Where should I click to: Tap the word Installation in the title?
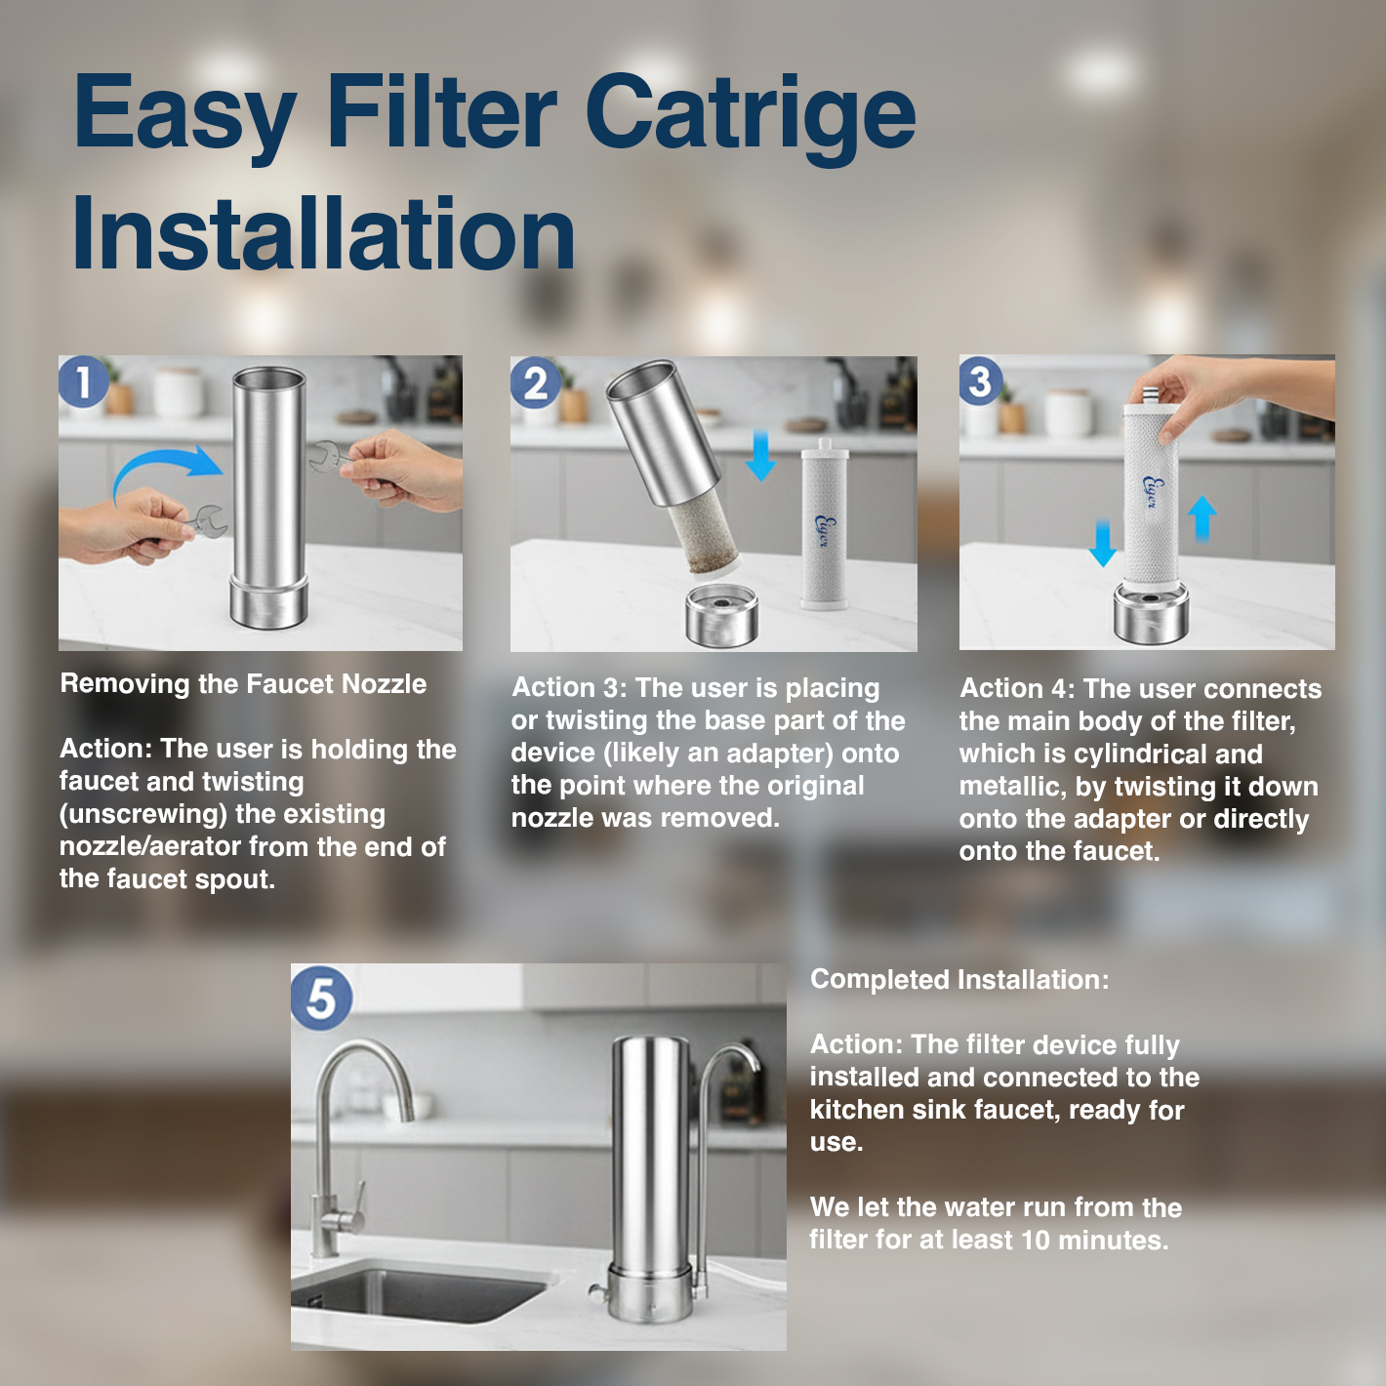(x=324, y=233)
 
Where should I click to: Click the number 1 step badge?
(x=84, y=382)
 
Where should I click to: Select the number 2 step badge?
(x=535, y=383)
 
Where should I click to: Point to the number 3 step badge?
(x=980, y=381)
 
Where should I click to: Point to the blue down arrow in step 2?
(x=760, y=456)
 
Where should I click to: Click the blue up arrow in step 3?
(x=1202, y=518)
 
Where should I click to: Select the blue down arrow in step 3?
(x=1102, y=544)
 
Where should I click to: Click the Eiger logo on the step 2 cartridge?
(x=823, y=531)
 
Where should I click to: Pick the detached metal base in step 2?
(x=721, y=615)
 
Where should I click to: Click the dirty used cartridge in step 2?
(x=703, y=537)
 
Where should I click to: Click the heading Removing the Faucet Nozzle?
(x=243, y=683)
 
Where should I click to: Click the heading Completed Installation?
(x=959, y=979)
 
